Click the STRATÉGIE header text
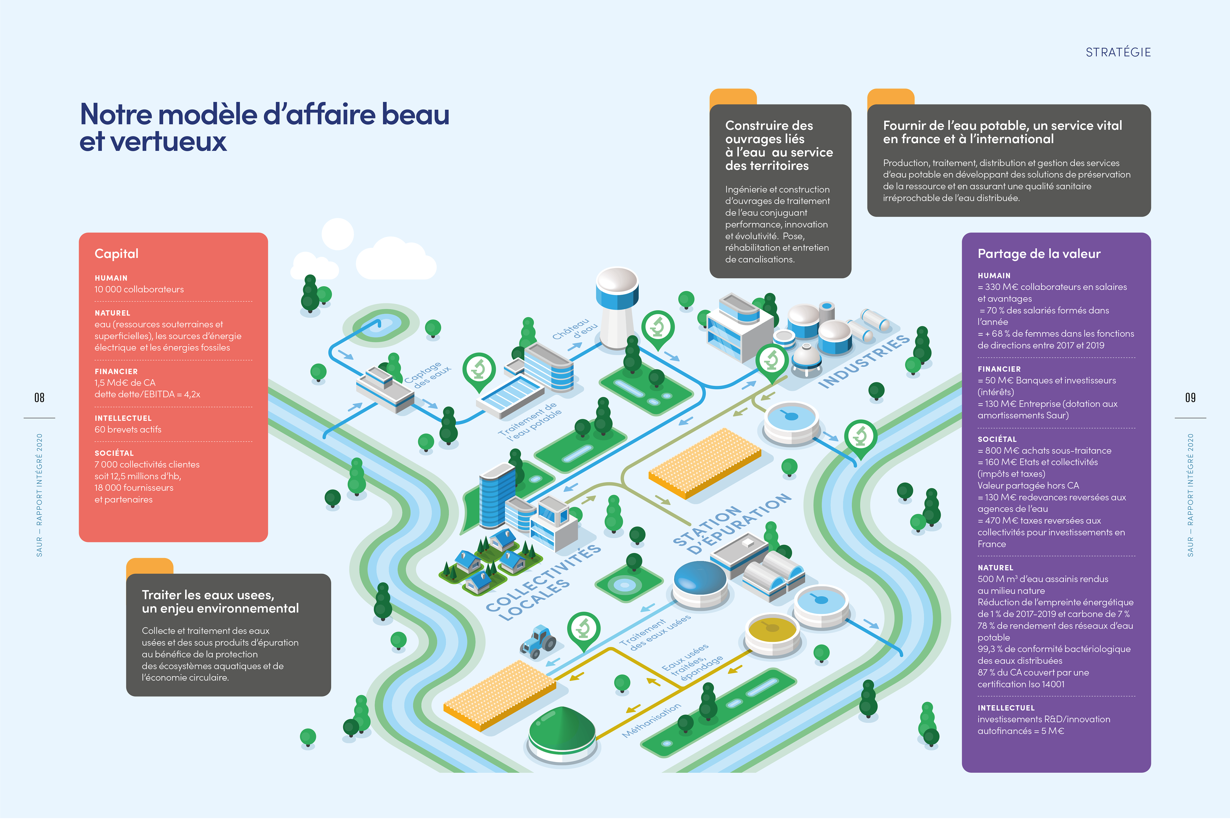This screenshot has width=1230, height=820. click(1118, 52)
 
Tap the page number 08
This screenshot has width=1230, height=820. click(39, 398)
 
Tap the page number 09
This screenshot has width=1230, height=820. click(1190, 398)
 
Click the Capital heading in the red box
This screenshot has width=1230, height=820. click(116, 254)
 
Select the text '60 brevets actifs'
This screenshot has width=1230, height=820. click(127, 429)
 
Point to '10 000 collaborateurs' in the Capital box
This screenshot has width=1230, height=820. click(139, 289)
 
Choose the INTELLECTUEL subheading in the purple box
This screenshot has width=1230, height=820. click(1006, 708)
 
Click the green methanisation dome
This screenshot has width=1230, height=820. click(562, 732)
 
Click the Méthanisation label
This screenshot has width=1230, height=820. click(651, 721)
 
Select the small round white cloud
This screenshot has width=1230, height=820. click(337, 234)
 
